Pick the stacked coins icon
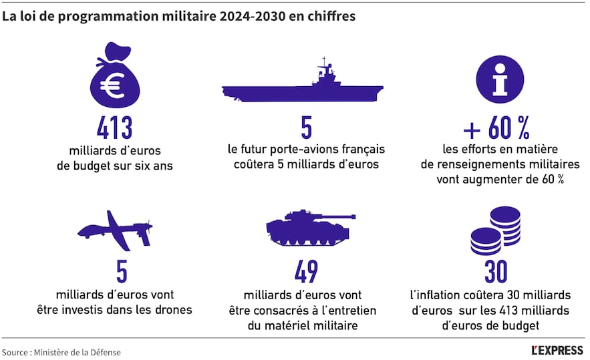[496, 231]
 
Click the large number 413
[114, 128]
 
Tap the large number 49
[305, 272]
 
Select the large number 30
[496, 272]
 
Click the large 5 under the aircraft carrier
[306, 128]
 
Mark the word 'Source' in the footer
[15, 351]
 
